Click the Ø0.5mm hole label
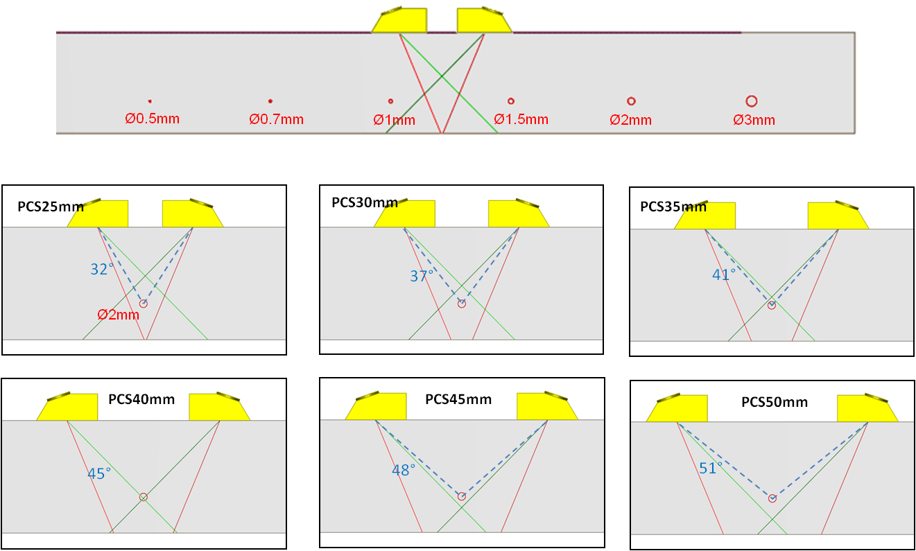pos(153,119)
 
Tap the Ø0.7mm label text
pos(277,119)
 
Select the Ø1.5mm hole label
pos(521,119)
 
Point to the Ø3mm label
pos(754,120)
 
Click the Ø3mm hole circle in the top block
pos(751,101)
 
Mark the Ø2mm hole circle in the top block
pos(631,101)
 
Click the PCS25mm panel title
pos(51,206)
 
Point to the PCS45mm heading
pos(458,399)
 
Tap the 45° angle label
pos(99,473)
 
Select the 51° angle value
pos(711,469)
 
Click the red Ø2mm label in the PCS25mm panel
pos(119,315)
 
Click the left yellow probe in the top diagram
pos(400,21)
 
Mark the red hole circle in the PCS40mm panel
pos(144,496)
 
